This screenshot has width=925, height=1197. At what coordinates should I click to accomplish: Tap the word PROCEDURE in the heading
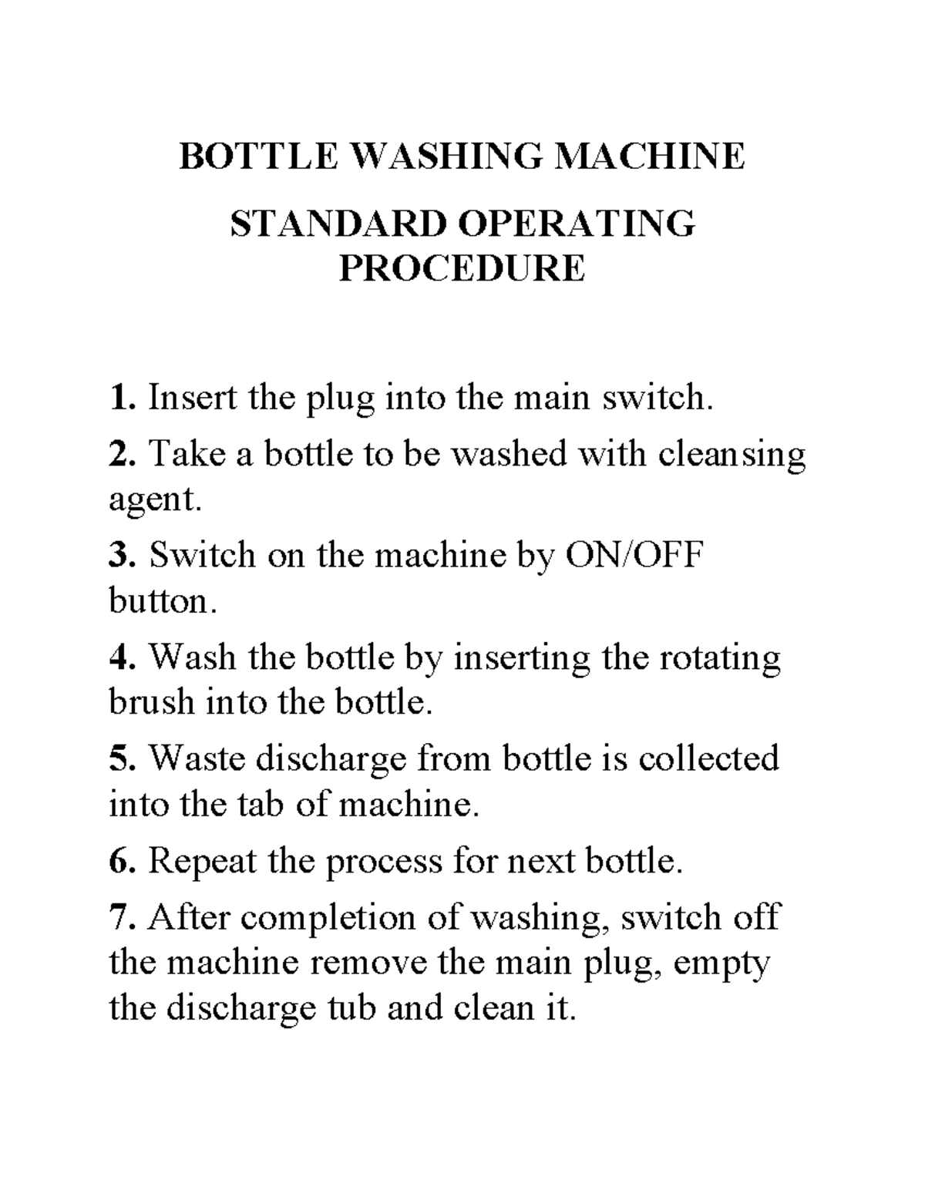coord(462,268)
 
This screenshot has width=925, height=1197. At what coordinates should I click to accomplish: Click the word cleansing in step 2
coord(732,455)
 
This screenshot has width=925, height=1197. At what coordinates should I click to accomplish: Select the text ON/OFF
coord(634,555)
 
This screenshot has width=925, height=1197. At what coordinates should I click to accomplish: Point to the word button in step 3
coord(158,601)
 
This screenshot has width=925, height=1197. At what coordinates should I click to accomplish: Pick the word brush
coord(151,702)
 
